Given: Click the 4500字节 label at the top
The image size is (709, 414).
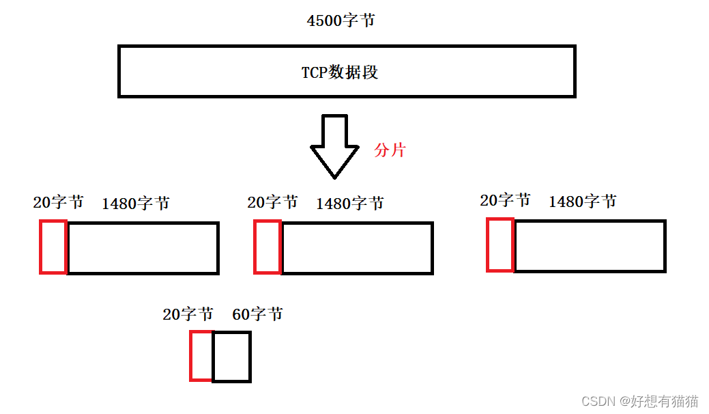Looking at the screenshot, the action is tap(341, 20).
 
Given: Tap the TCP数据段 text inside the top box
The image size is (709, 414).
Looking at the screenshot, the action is tap(340, 72).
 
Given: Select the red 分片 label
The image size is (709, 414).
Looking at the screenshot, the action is tap(390, 150).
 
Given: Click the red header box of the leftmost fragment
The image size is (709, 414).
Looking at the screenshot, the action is tap(53, 247).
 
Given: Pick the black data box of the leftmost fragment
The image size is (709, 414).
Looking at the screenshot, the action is tap(143, 248).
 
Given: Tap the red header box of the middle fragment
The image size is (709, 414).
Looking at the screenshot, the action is tap(267, 247).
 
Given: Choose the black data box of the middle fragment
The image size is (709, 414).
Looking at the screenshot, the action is tap(357, 248).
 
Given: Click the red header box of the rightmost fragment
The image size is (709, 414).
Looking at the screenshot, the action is tap(500, 245).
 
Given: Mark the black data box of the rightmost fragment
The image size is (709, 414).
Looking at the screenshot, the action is tap(590, 245).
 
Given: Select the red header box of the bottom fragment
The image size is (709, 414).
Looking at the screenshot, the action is tap(201, 356).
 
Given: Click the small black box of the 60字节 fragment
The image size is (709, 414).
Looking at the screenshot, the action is tap(232, 357).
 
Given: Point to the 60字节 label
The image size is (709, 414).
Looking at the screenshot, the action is tap(257, 314).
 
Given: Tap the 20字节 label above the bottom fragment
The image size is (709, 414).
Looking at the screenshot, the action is tap(188, 314).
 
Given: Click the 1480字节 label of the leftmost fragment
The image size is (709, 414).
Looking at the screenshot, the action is tap(136, 203).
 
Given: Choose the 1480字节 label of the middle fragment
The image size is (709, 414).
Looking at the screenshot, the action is tap(350, 203).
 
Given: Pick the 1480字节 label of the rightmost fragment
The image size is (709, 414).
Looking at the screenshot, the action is tap(583, 201).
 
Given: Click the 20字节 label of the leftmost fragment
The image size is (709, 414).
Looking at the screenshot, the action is tap(58, 202).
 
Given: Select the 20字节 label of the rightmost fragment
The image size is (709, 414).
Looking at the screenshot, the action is tap(505, 200).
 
